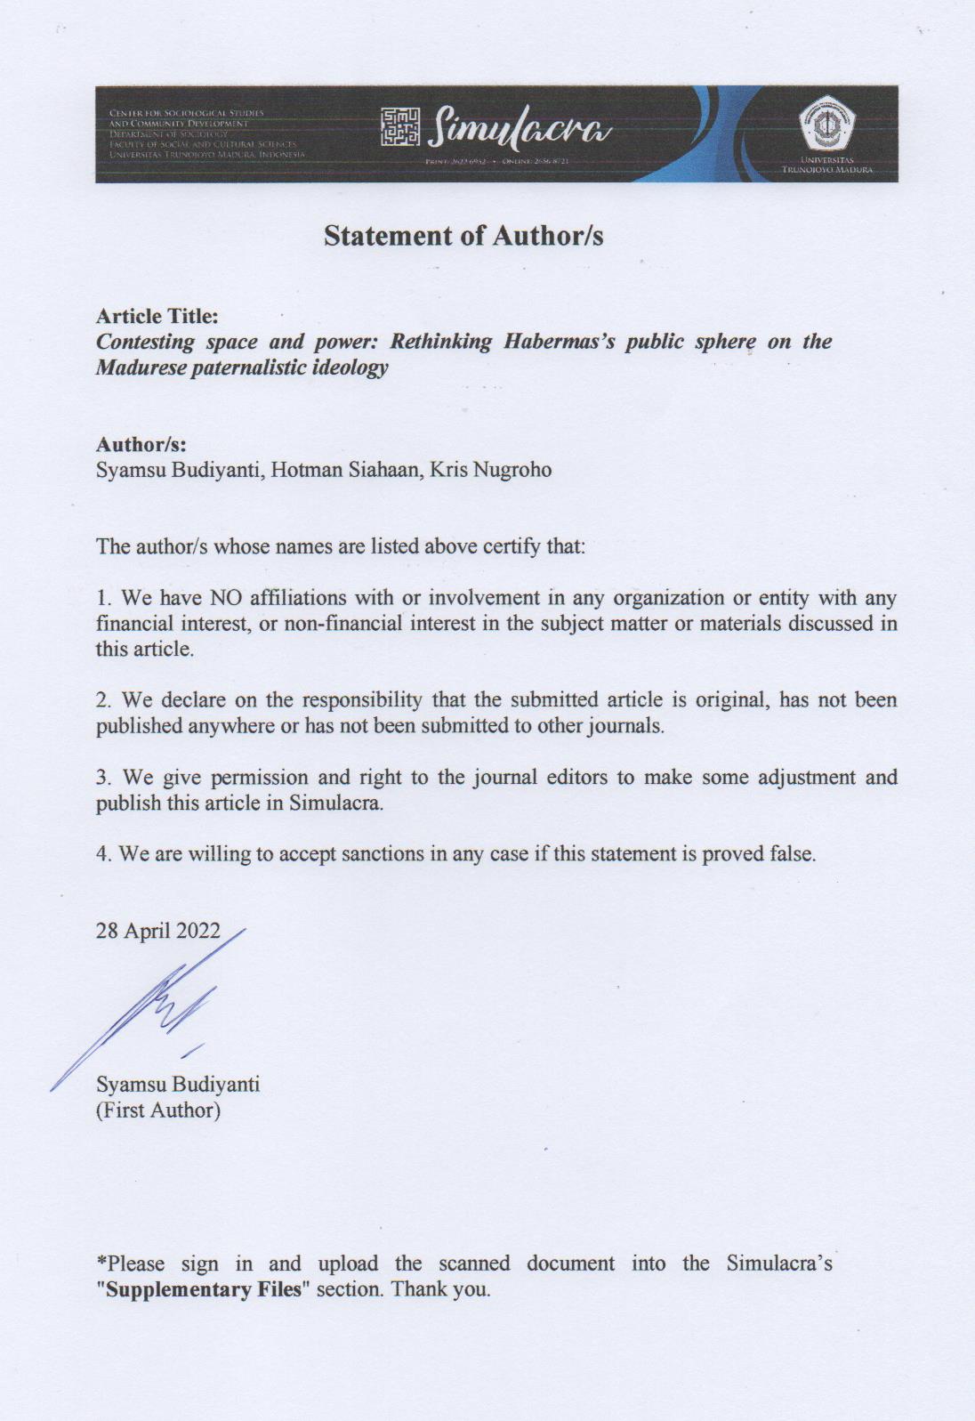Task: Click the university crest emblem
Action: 826,124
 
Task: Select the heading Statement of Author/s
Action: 463,236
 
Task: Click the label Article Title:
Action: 157,316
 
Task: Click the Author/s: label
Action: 141,444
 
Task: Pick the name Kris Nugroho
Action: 490,470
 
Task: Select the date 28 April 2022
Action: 158,931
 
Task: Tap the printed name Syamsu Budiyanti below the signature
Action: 178,1085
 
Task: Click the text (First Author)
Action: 158,1110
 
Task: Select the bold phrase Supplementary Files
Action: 204,1288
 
